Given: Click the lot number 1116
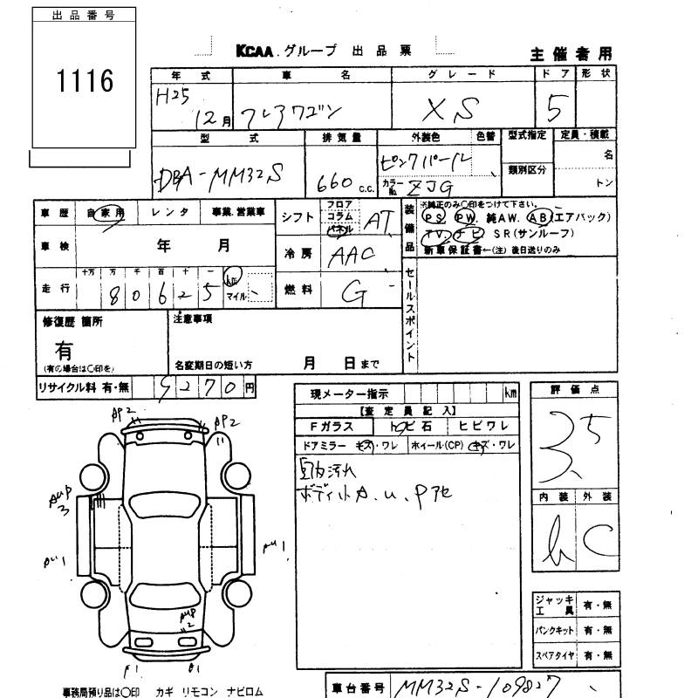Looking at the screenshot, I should pyautogui.click(x=86, y=82).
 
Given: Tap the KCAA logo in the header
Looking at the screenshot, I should pyautogui.click(x=256, y=51).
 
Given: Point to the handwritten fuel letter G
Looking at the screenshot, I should pyautogui.click(x=353, y=294).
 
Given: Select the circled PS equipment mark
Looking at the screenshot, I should pyautogui.click(x=430, y=216).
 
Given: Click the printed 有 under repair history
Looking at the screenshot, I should pyautogui.click(x=64, y=350).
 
